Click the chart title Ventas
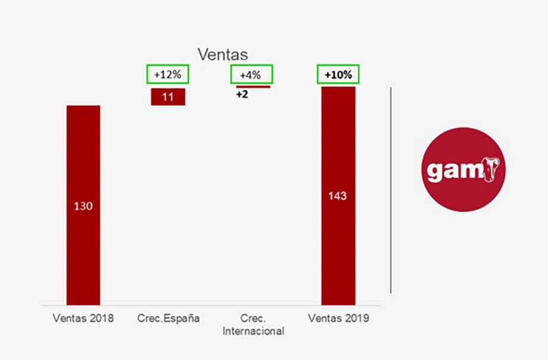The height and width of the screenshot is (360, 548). pos(223,55)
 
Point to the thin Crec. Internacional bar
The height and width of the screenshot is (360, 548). pos(253,87)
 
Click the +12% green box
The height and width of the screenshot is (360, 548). pos(167,75)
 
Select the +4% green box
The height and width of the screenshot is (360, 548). pos(251,75)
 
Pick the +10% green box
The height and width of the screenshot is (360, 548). pos(338,75)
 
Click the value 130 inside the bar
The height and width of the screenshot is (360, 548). pos(83,206)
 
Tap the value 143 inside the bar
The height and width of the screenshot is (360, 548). pos(337,195)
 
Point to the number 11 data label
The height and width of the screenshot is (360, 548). pos(168,97)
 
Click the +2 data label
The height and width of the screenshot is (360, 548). pos(242,95)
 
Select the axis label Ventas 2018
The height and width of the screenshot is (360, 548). pos(83,318)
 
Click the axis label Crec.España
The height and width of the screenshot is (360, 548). pos(168,318)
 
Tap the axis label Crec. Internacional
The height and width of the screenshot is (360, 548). pos(253,324)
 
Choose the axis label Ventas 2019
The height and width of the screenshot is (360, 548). pos(338,318)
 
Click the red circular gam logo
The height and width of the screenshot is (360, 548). pos(463,169)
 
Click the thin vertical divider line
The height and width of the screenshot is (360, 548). pos(391,190)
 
